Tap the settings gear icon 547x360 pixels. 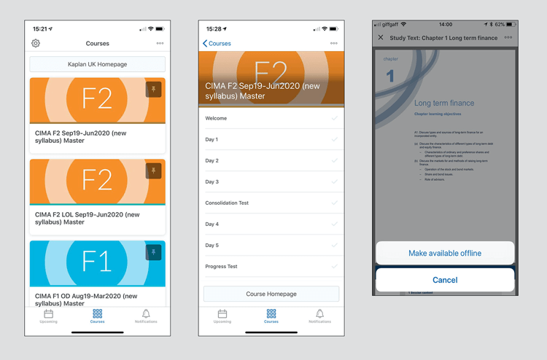(x=36, y=43)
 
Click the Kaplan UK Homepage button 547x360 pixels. (x=97, y=64)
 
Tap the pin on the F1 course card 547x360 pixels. (x=153, y=252)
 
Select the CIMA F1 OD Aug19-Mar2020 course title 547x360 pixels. (x=86, y=300)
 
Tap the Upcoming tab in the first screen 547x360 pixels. (x=49, y=316)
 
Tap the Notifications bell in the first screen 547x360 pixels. (x=146, y=316)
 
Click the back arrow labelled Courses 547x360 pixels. (x=217, y=43)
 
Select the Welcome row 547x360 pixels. (x=217, y=118)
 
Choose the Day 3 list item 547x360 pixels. (x=212, y=181)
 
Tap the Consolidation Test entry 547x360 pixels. (x=227, y=203)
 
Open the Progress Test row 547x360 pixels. (x=221, y=267)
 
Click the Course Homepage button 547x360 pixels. (x=271, y=294)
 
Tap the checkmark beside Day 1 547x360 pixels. (x=334, y=139)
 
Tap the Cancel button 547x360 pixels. (x=445, y=280)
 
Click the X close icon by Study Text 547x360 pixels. (x=380, y=37)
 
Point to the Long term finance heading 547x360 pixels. (x=443, y=103)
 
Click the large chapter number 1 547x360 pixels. (x=390, y=76)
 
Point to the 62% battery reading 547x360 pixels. (x=500, y=24)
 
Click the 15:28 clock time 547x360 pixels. (x=214, y=28)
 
